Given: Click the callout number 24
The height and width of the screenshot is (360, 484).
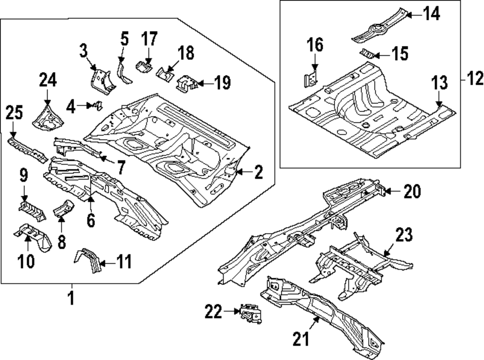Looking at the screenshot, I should (47, 79).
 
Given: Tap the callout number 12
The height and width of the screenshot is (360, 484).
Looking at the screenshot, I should (473, 78).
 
